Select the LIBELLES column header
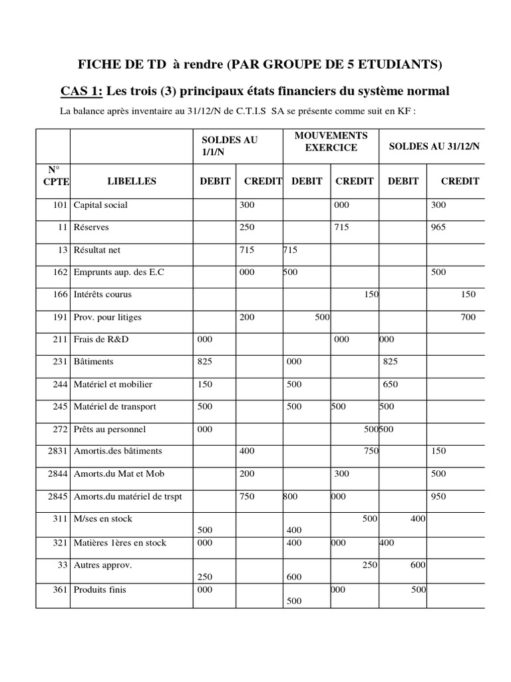click(131, 181)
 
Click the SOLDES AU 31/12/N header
click(433, 147)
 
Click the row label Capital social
click(100, 205)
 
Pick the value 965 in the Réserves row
click(439, 227)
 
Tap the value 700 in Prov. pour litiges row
click(468, 318)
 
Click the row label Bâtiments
click(94, 362)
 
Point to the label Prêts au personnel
click(110, 430)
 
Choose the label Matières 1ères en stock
click(120, 543)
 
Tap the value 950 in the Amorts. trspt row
click(439, 497)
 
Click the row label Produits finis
click(100, 589)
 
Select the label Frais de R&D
click(101, 340)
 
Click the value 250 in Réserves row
click(247, 227)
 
